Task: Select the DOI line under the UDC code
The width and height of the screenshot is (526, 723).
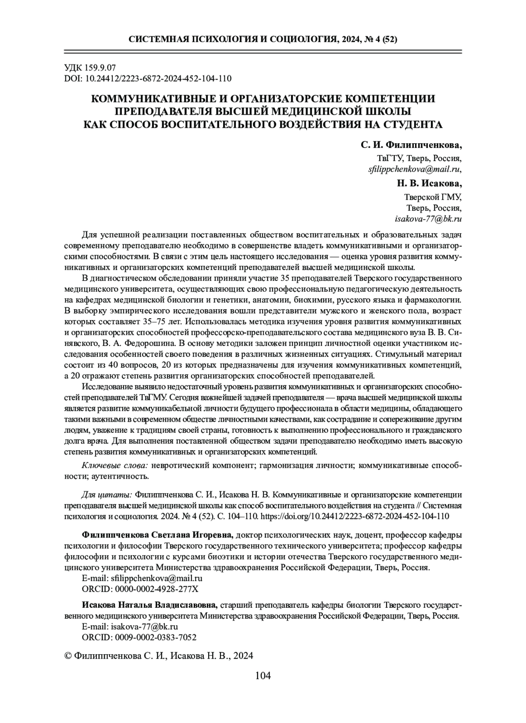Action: tap(148, 79)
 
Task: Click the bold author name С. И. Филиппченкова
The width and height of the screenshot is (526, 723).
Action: tap(411, 145)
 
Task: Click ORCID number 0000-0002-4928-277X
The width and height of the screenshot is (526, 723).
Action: tap(157, 589)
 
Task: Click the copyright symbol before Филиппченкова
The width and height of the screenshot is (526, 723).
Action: tap(68, 656)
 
